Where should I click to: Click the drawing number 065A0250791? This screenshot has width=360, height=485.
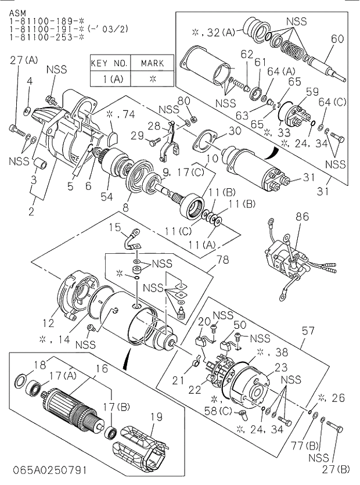(x=45, y=468)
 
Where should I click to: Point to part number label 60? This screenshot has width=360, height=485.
(x=337, y=39)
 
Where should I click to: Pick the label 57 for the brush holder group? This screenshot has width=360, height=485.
(x=307, y=330)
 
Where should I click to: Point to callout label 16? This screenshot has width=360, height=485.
(x=102, y=368)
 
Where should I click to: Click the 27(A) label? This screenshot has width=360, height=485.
(x=24, y=60)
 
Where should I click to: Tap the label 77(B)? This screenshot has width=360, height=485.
(x=300, y=446)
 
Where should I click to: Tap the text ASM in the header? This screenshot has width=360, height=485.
(x=17, y=10)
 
